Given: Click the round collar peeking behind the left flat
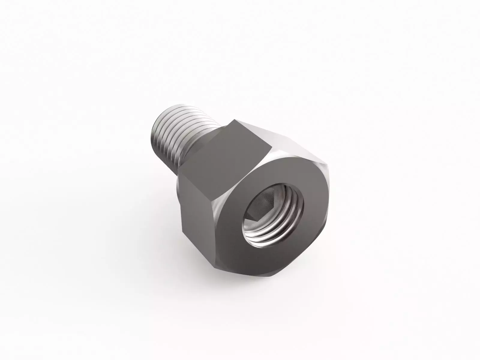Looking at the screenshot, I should (178, 192).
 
